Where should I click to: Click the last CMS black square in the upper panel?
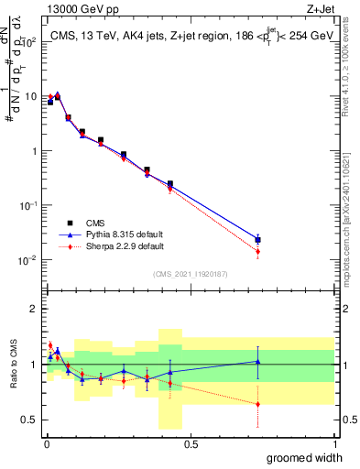coord(257,240)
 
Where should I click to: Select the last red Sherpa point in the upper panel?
coord(257,251)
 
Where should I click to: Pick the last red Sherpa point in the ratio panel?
coord(257,404)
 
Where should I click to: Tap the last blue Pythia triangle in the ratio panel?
coord(257,362)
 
